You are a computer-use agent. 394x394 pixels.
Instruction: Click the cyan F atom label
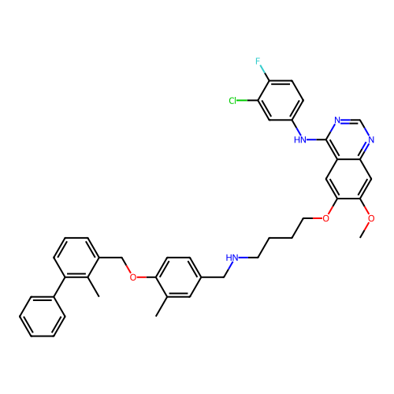pos(258,61)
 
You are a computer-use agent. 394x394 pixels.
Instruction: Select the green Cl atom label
pos(232,101)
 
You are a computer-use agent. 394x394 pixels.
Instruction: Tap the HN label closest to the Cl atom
pos(299,140)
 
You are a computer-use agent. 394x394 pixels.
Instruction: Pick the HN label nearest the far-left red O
pos(232,258)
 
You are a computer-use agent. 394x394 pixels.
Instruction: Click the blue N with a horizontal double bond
pos(337,121)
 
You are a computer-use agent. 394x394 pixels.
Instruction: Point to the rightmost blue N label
pos(371,140)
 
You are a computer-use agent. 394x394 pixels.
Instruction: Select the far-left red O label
pos(132,277)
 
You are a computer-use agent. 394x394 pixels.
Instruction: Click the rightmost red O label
pos(371,218)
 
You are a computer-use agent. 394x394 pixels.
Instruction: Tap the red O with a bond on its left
pos(325,218)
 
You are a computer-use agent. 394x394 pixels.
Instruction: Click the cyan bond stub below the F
pos(262,69)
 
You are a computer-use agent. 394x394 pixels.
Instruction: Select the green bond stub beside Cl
pos(242,101)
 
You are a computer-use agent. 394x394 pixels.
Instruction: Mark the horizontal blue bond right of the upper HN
pos(310,140)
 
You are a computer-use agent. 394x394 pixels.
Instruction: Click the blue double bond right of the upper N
pos(345,120)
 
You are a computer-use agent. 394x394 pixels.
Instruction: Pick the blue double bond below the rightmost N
pos(366,147)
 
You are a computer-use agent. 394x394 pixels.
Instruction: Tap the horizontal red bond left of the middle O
pos(317,217)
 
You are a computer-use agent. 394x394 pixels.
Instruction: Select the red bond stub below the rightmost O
pos(367,226)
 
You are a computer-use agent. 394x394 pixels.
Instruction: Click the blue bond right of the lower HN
pos(243,257)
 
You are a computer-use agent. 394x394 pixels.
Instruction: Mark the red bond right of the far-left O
pos(142,277)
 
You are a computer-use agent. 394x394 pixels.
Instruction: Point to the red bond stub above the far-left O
pos(128,269)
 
